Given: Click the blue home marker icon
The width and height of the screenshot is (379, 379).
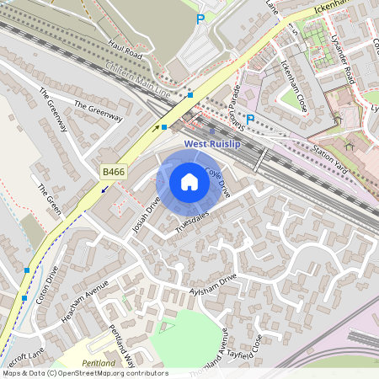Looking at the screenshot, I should pos(189,182).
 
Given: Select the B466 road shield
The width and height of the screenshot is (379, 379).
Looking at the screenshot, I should pos(113,172).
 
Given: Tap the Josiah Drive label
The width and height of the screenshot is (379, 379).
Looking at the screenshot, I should pos(146,214).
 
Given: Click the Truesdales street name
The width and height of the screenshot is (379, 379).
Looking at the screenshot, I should pos(192,222).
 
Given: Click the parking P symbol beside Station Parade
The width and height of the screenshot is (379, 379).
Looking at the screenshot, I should pos(249,119).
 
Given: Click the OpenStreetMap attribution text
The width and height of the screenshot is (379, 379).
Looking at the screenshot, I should pos(84,373).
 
